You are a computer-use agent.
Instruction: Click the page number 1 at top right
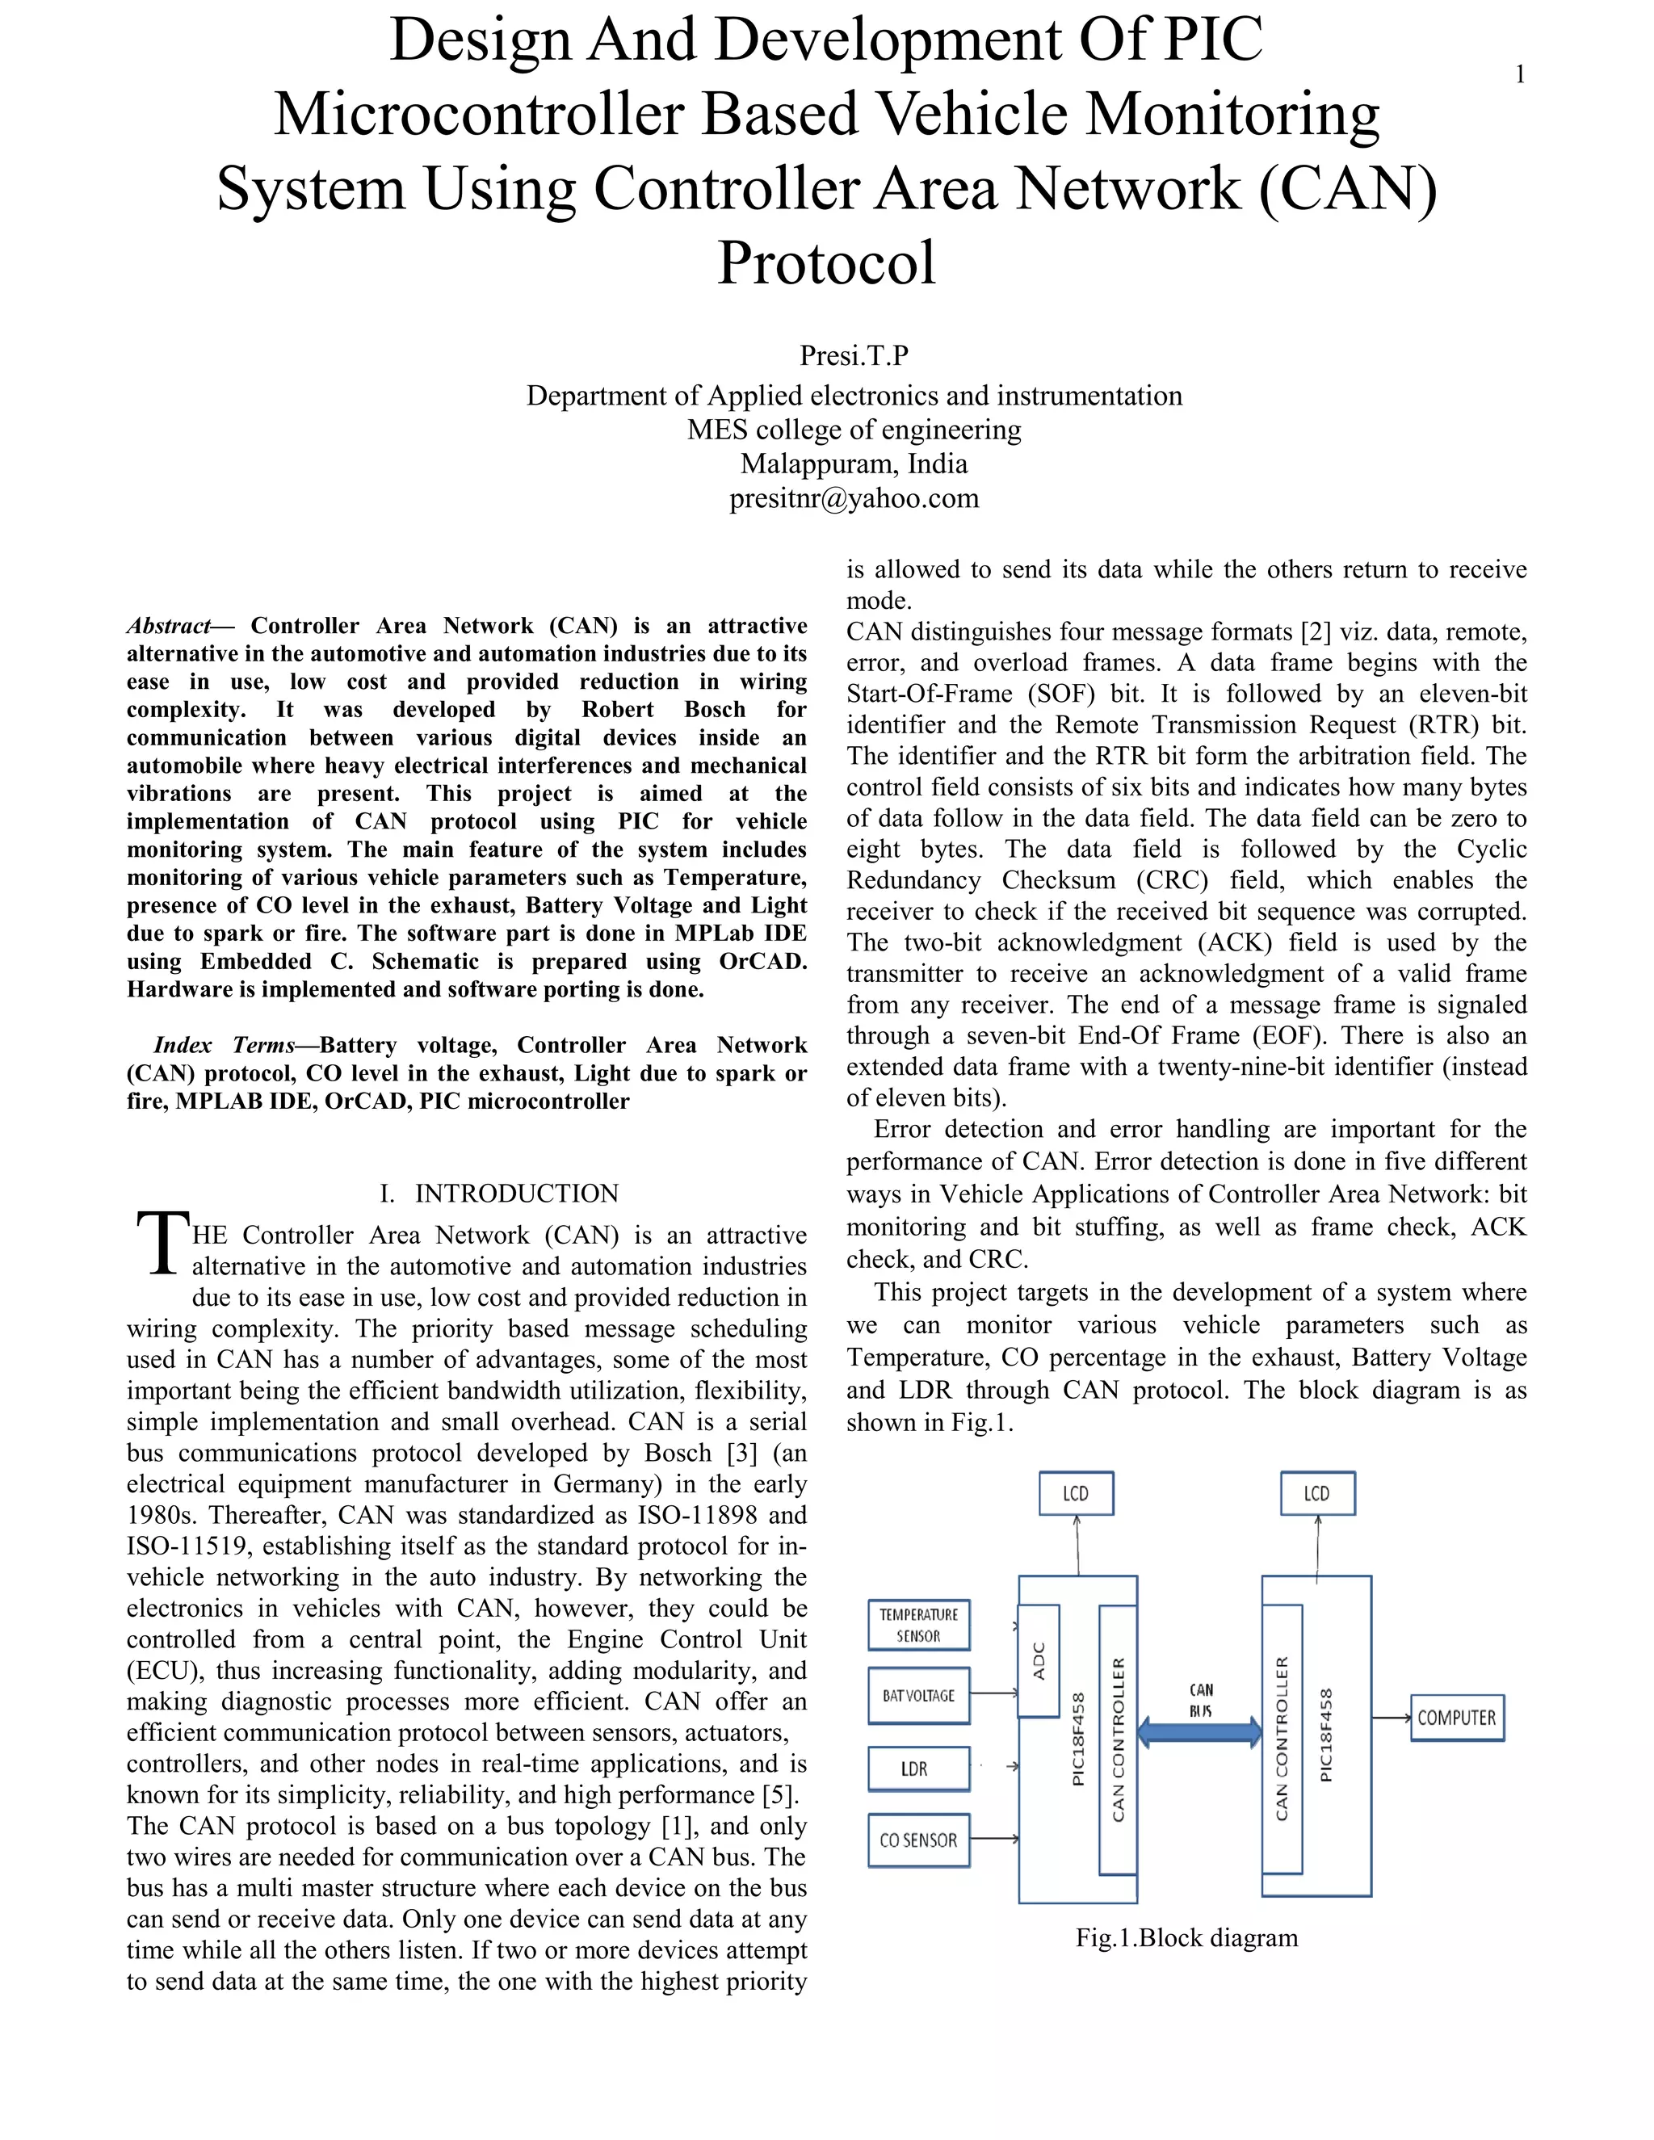click(1520, 74)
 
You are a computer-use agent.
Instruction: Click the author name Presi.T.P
click(854, 355)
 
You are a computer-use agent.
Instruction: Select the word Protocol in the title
click(826, 262)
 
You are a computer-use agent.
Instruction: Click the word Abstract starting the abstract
click(169, 626)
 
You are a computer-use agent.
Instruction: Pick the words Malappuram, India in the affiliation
click(854, 464)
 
